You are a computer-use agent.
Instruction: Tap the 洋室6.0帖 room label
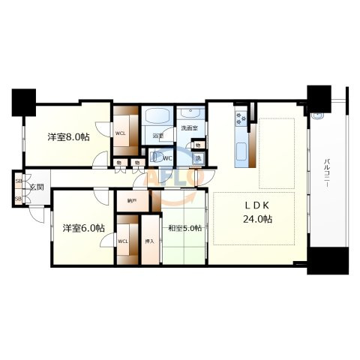82,227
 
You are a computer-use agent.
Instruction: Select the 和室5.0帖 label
184,228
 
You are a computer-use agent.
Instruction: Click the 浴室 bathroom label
157,136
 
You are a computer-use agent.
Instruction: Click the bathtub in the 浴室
157,118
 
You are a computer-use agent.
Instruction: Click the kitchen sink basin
243,151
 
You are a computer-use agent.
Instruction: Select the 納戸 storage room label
132,200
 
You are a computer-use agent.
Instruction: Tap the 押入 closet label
149,241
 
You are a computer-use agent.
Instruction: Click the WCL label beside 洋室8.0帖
120,135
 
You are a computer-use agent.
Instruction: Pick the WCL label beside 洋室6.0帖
124,241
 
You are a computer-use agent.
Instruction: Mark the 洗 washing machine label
198,158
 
